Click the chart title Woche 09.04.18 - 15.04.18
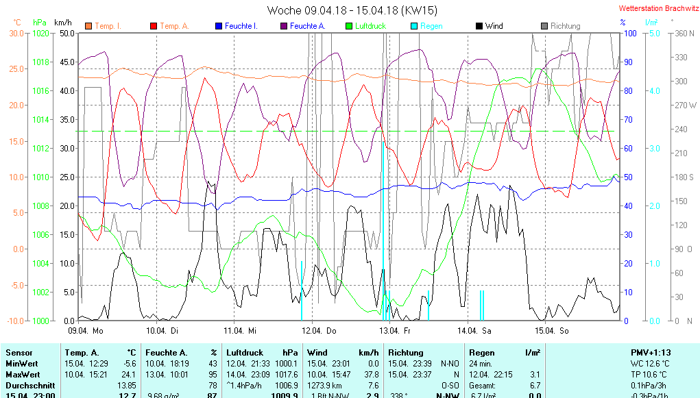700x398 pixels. [x=352, y=10]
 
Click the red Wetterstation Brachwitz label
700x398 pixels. [x=657, y=9]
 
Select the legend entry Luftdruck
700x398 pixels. [x=370, y=26]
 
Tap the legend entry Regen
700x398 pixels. [x=431, y=26]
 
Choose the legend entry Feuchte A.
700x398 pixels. [x=307, y=26]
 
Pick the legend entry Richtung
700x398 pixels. [x=565, y=26]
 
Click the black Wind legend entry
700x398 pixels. [x=494, y=26]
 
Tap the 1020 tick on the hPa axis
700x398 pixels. [x=41, y=33]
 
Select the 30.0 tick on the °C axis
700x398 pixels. [x=16, y=33]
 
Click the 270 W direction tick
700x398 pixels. [x=685, y=105]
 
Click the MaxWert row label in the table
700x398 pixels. [x=23, y=375]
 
